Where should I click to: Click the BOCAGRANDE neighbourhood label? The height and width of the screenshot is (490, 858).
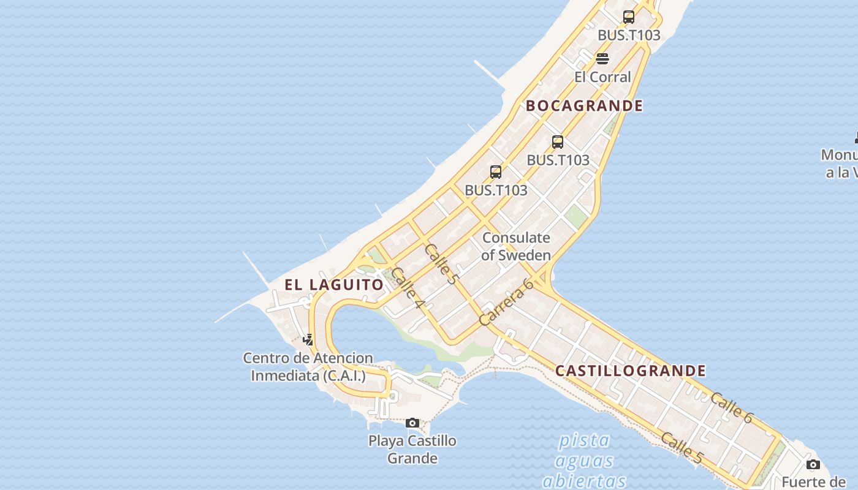click(x=584, y=106)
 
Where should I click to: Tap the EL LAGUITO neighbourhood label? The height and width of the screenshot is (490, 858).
click(x=334, y=285)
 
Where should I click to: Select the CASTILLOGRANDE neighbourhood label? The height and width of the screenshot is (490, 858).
click(x=631, y=371)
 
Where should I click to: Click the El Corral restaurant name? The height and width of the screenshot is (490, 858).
click(x=602, y=77)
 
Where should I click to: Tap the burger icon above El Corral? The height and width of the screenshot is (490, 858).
click(x=602, y=59)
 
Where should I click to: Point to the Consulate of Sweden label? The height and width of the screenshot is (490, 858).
click(x=516, y=246)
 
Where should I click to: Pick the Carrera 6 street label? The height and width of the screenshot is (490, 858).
click(x=506, y=302)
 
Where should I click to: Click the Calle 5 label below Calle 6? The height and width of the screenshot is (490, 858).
click(x=681, y=448)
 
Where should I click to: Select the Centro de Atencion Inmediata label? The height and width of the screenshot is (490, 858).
click(x=308, y=367)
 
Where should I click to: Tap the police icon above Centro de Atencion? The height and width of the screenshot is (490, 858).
click(x=308, y=339)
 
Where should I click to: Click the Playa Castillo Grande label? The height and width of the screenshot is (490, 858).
click(x=412, y=449)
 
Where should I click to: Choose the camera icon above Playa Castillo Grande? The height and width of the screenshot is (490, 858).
click(x=412, y=423)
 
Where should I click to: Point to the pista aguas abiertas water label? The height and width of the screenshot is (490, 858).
click(x=584, y=460)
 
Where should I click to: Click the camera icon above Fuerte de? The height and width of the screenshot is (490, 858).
click(x=813, y=464)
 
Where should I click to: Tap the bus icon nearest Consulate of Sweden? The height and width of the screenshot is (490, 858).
click(x=496, y=172)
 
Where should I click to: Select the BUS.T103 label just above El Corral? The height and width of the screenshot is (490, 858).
click(x=629, y=36)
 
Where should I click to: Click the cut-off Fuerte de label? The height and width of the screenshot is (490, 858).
click(x=813, y=481)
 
